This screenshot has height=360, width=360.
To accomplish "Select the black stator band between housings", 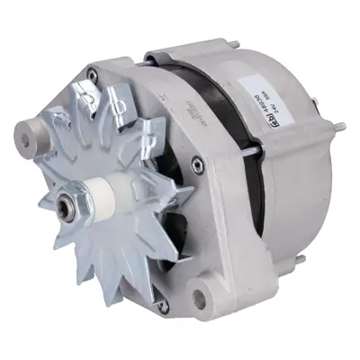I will point(200,99).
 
